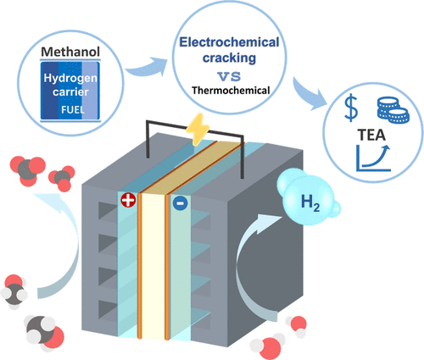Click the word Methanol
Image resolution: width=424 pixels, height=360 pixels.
point(70,52)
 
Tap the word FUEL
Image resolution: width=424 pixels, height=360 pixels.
point(73,109)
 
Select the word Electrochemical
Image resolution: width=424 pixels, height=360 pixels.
point(229,42)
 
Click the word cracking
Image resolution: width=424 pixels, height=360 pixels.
point(229,58)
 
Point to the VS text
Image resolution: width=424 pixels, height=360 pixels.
point(229,76)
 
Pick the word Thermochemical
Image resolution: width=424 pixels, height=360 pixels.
point(231,91)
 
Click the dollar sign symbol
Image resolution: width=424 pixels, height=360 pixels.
point(351,108)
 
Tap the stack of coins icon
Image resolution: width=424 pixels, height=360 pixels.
point(393,110)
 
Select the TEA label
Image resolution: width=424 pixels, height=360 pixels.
point(371,135)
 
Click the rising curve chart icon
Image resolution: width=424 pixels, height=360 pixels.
point(373,158)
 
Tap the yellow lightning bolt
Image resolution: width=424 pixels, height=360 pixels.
point(198,129)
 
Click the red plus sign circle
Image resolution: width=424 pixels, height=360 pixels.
point(128,200)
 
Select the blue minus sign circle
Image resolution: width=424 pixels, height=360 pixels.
point(180,202)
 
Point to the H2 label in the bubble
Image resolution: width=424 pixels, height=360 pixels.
point(310,202)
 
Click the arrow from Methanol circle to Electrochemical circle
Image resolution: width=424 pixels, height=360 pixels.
point(147,69)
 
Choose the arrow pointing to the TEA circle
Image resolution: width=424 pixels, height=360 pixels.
point(308,93)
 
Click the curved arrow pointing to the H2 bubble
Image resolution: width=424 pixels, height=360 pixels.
point(246,263)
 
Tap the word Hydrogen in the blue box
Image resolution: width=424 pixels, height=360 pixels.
point(70,78)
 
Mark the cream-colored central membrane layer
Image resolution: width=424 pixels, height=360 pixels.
point(153,265)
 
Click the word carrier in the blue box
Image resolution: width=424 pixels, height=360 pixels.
point(70,92)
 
